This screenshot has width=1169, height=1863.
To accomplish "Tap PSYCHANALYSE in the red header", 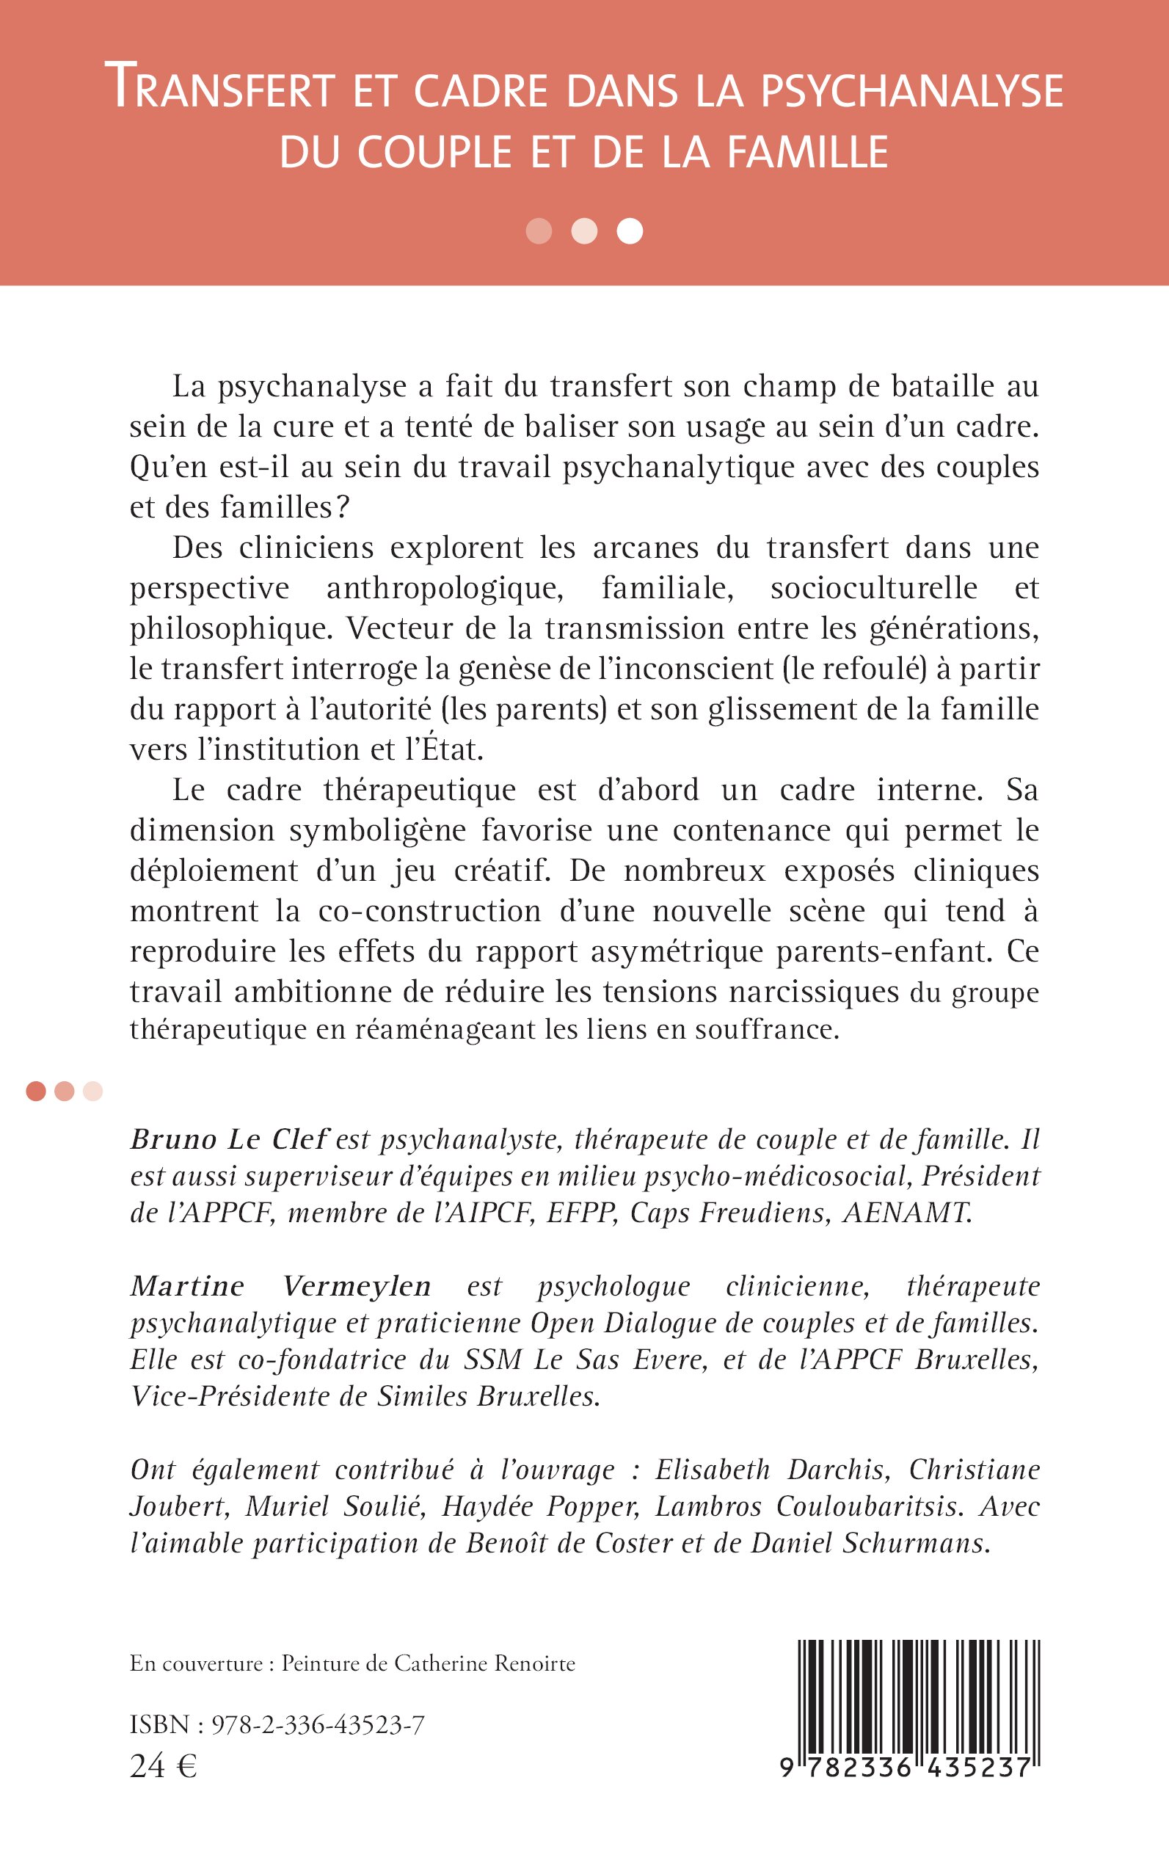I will pos(911,90).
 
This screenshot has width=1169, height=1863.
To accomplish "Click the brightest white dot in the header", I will pos(630,231).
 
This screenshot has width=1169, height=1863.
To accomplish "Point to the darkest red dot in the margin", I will pos(35,1092).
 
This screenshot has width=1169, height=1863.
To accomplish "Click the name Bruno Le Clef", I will pos(230,1140).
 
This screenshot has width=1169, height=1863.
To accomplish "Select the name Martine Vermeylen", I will pos(280,1286).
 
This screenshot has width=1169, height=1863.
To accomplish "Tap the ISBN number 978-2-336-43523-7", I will pos(318,1725).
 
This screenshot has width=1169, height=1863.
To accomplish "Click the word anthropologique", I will pos(445,589).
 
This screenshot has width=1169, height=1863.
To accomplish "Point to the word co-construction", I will pos(429,911).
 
